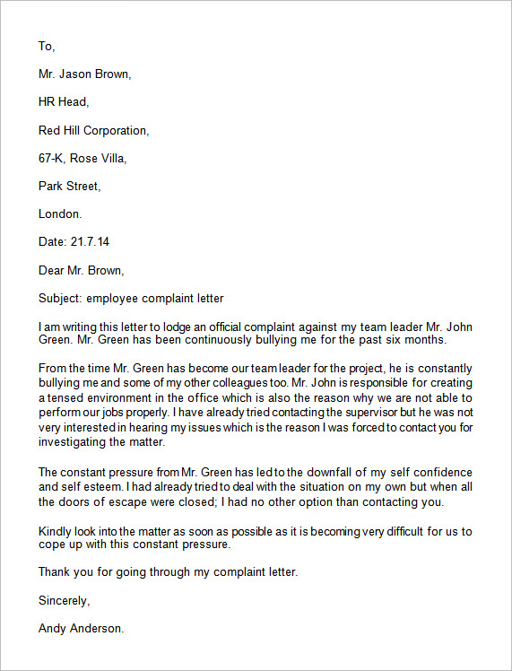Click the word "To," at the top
point(47,46)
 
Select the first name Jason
point(78,74)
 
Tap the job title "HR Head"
point(63,102)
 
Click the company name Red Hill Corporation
point(93,131)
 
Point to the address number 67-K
point(52,159)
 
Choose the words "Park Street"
point(69,187)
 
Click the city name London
point(60,214)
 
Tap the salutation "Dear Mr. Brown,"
point(82,270)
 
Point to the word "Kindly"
point(56,532)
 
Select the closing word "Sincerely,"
point(64,600)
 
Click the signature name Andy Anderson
point(81,629)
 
